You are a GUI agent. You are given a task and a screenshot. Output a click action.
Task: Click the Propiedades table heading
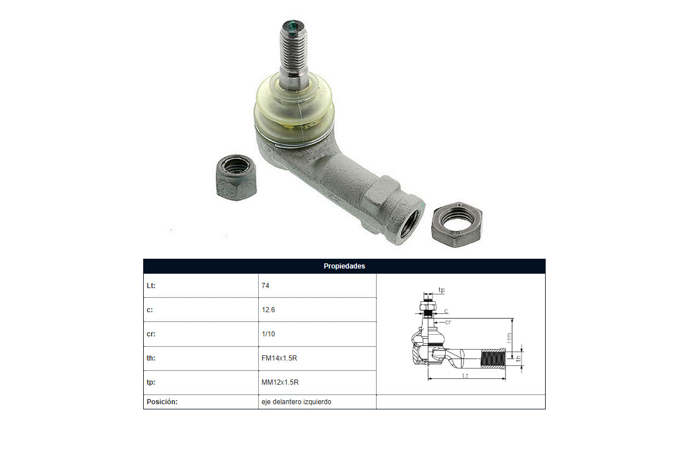pyautogui.click(x=344, y=266)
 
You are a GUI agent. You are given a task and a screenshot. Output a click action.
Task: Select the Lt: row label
pyautogui.click(x=151, y=286)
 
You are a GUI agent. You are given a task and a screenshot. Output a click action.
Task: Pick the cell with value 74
pyautogui.click(x=265, y=286)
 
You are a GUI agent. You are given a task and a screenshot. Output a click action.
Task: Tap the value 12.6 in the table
pyautogui.click(x=269, y=310)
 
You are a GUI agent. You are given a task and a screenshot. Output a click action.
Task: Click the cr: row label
pyautogui.click(x=151, y=334)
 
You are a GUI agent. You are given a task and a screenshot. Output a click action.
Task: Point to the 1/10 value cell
pyautogui.click(x=269, y=334)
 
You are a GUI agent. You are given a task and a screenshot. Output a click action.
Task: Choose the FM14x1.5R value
pyautogui.click(x=279, y=358)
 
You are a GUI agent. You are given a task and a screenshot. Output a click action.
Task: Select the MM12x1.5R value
pyautogui.click(x=280, y=382)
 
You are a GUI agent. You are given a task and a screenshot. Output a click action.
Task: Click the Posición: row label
pyautogui.click(x=162, y=402)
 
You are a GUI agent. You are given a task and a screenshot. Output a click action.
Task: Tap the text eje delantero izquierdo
pyautogui.click(x=296, y=402)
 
